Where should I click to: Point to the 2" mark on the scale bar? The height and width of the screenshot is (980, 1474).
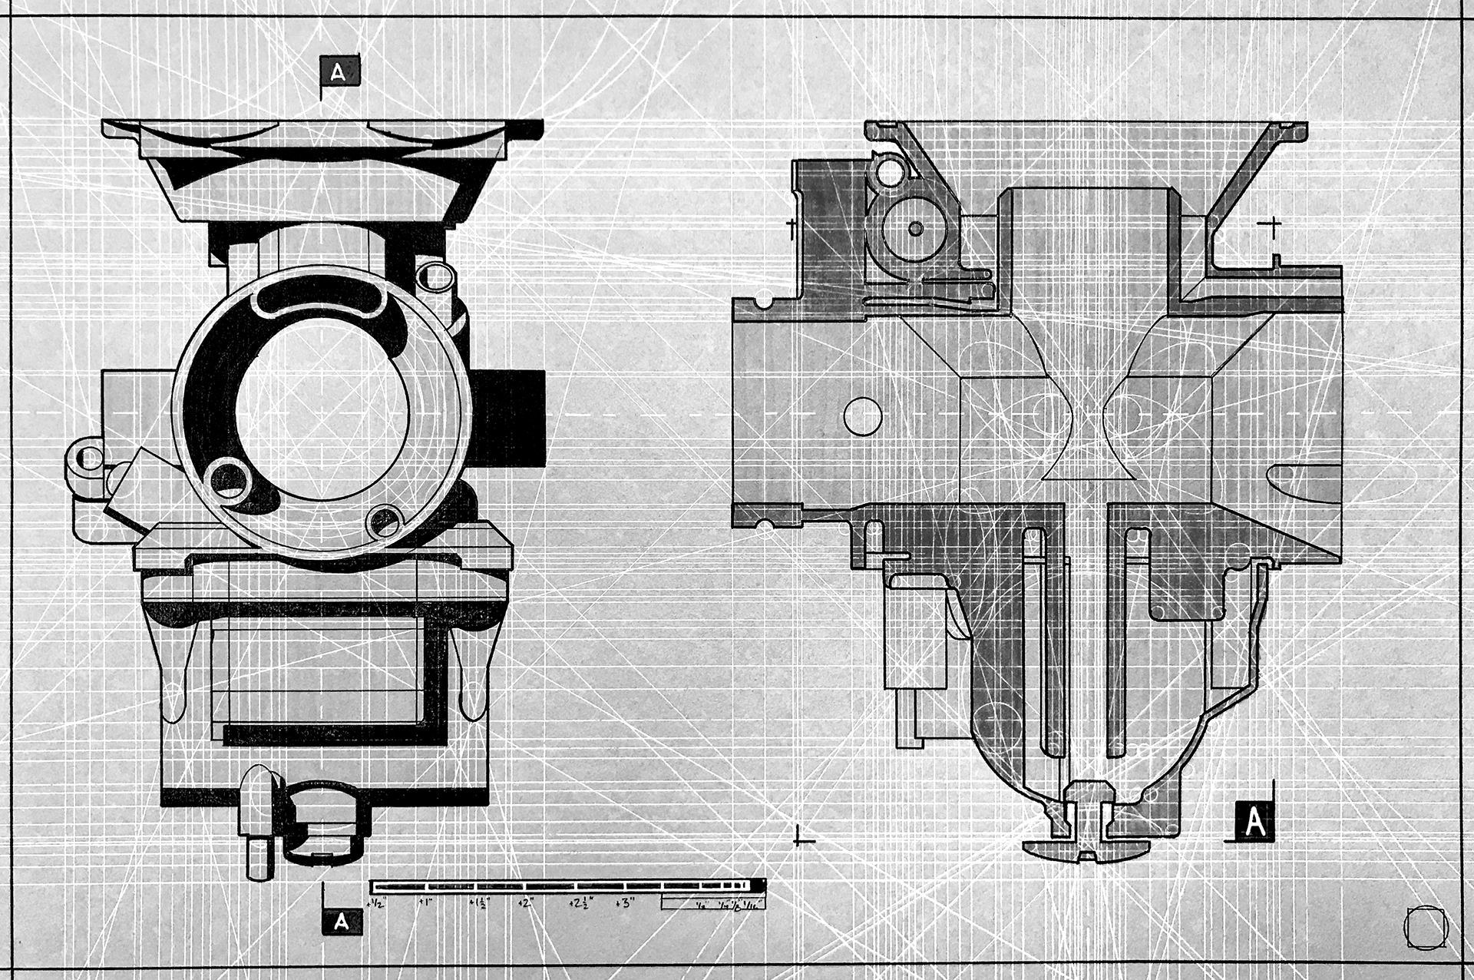click(x=526, y=904)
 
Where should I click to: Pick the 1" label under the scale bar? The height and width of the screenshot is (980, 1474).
click(x=425, y=904)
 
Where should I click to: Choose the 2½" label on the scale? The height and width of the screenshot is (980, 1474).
click(x=577, y=904)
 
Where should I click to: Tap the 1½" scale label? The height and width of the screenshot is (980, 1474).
click(x=478, y=904)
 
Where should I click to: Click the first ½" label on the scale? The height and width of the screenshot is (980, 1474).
click(x=377, y=904)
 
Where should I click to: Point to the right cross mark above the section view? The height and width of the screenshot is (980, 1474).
click(x=1273, y=226)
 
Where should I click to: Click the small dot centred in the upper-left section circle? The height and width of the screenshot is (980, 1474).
click(x=915, y=228)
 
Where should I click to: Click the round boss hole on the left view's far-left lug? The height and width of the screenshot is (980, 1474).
click(x=89, y=459)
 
